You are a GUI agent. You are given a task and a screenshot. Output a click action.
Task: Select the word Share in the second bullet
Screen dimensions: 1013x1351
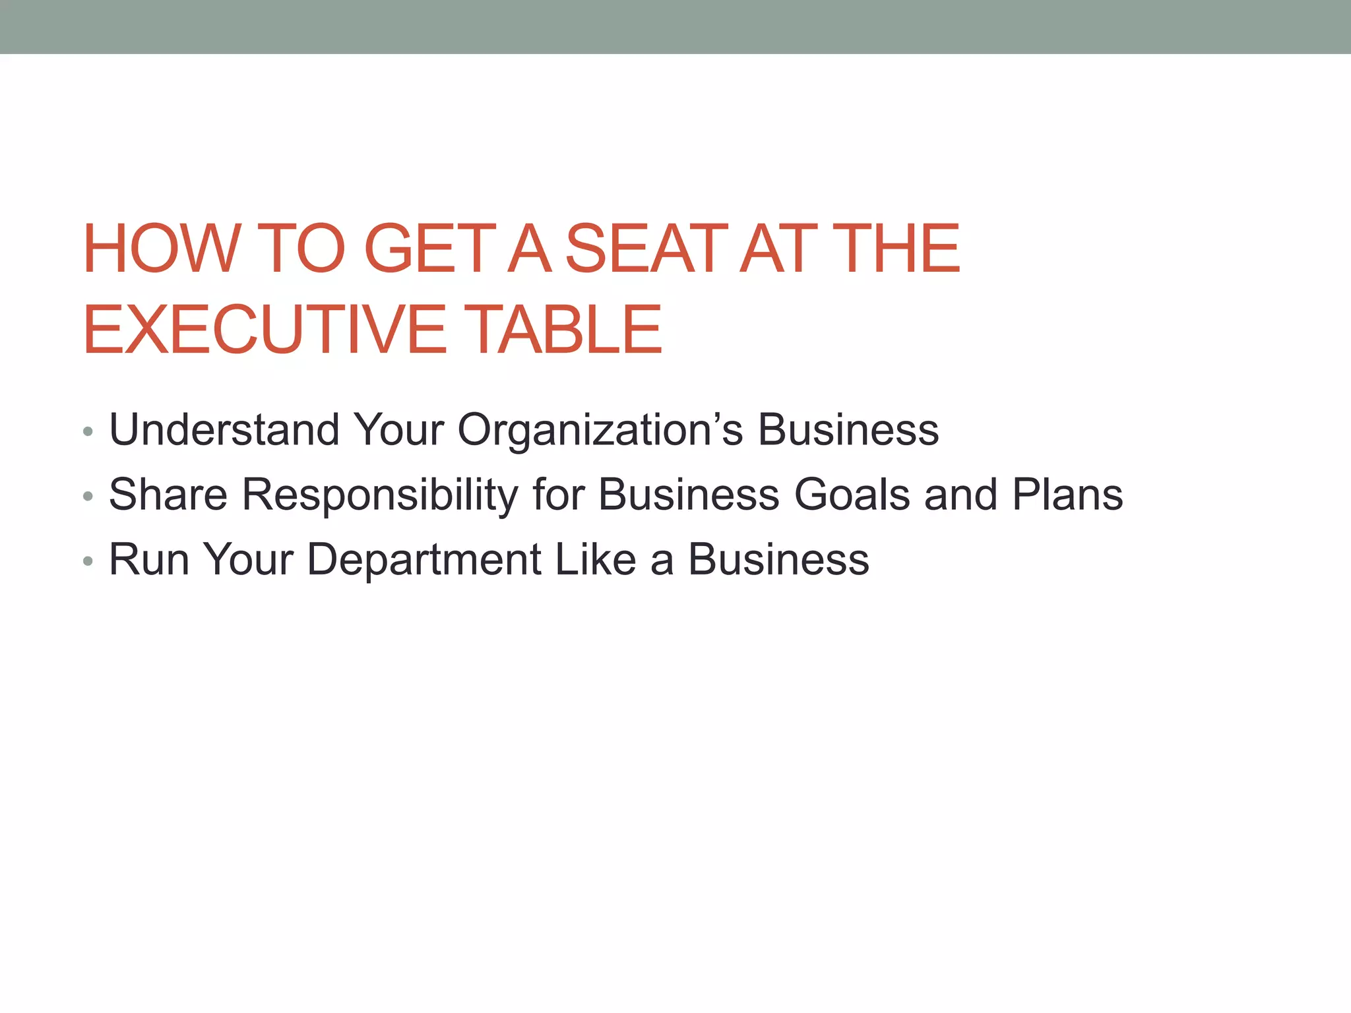pyautogui.click(x=168, y=495)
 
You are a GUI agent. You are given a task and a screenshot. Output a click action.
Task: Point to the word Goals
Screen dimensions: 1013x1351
pyautogui.click(x=852, y=495)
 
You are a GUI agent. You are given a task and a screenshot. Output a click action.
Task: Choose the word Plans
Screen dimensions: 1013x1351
pyautogui.click(x=1067, y=495)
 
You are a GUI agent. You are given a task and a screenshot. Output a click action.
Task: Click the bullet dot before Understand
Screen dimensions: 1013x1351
pyautogui.click(x=88, y=433)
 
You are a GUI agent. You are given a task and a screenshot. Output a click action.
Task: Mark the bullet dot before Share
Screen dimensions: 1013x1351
pyautogui.click(x=88, y=498)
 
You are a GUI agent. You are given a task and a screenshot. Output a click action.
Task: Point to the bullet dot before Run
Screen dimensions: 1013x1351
pyautogui.click(x=88, y=563)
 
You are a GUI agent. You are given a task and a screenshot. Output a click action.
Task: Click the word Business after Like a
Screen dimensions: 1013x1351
pyautogui.click(x=778, y=560)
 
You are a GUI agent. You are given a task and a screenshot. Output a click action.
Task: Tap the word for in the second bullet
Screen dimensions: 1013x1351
pyautogui.click(x=558, y=495)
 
